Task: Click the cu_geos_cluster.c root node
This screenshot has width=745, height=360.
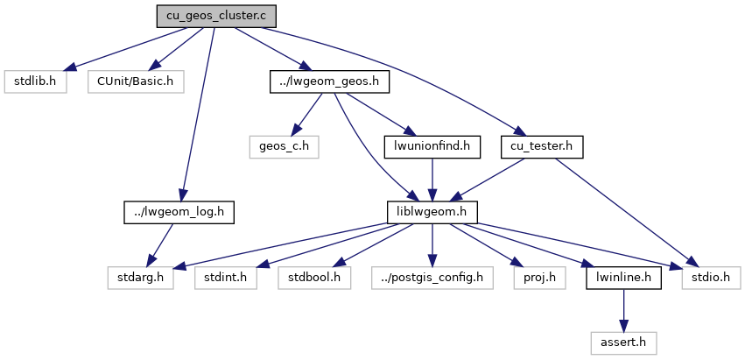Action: click(216, 16)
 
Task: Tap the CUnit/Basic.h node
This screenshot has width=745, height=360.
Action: click(135, 81)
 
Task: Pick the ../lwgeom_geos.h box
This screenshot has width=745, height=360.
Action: click(328, 81)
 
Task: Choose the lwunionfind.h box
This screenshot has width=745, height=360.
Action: click(432, 146)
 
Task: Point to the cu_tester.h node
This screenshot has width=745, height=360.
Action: click(542, 146)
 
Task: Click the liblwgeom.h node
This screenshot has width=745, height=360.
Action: click(432, 211)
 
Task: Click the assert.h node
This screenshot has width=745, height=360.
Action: click(623, 342)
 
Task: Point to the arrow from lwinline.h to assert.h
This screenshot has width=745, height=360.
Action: click(623, 309)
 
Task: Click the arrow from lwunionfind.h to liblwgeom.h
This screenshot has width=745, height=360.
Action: click(432, 179)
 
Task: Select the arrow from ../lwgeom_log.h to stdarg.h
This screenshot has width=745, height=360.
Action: click(161, 244)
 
